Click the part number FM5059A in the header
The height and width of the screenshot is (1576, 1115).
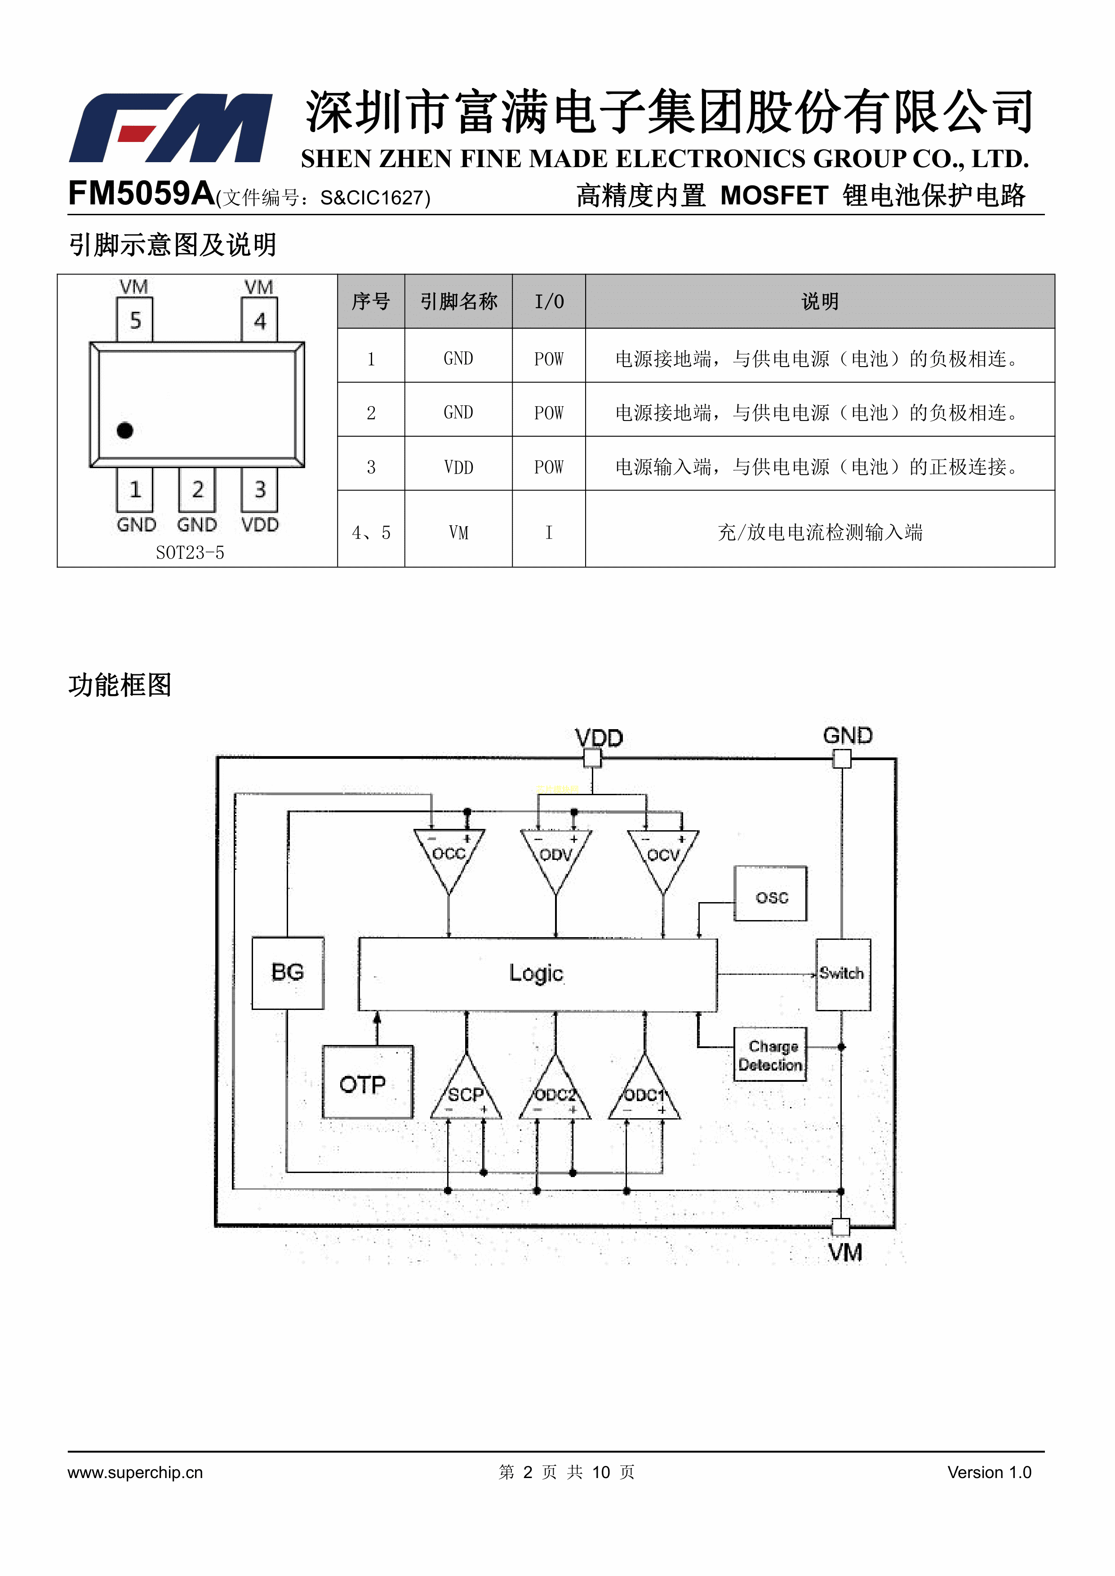coord(141,194)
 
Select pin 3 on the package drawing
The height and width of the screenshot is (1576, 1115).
coord(259,489)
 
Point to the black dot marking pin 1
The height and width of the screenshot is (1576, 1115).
coord(125,430)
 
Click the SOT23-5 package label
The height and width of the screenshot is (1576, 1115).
coord(190,553)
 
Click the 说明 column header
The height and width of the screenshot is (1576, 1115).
coord(819,301)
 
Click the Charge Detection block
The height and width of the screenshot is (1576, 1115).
coord(770,1056)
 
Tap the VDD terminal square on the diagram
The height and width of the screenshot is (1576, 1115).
coord(592,758)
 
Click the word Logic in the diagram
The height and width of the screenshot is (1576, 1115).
coord(536,974)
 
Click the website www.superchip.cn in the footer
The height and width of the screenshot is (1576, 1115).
coord(135,1472)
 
